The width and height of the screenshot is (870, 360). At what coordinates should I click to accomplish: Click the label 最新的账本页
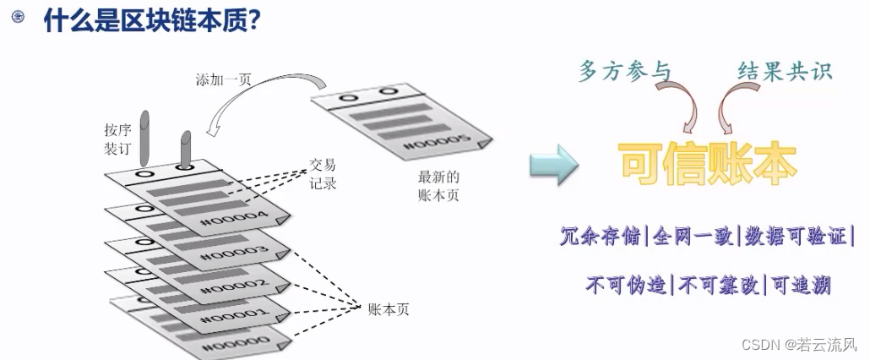438,186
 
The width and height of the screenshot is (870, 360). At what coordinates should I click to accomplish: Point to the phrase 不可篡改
720,284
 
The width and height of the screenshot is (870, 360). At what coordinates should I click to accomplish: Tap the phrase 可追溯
800,284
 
